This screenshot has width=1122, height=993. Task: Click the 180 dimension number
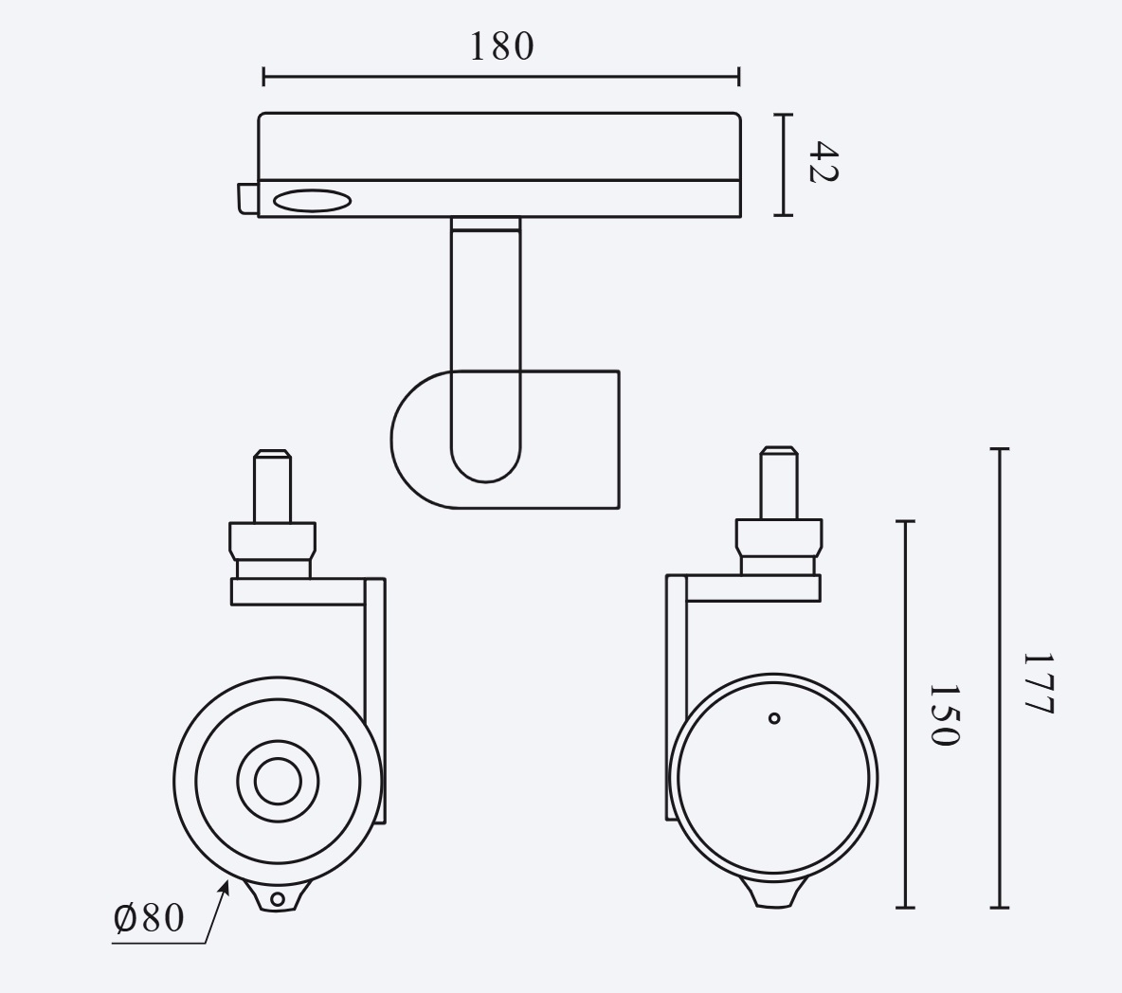coord(501,46)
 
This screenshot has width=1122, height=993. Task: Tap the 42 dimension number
coord(823,162)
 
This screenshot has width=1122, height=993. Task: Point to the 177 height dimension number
coord(1038,683)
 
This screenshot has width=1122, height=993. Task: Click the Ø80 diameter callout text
coord(149,918)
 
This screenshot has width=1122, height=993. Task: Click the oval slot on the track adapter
coord(312,201)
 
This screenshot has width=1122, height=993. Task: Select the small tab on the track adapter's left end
coord(248,198)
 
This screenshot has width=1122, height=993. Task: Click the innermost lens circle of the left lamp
coord(278,782)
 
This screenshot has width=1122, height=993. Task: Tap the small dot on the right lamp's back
coord(773,718)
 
